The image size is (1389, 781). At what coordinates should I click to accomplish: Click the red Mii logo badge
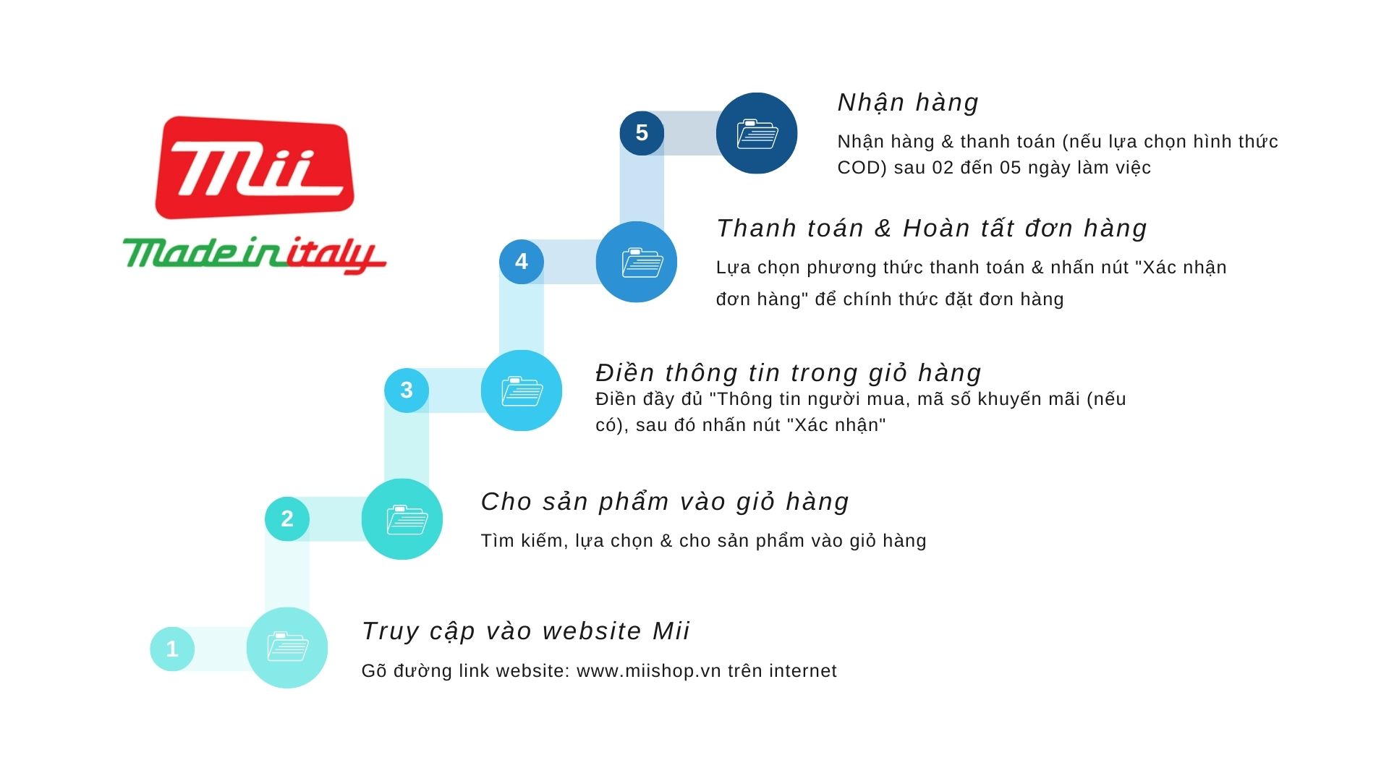pos(255,167)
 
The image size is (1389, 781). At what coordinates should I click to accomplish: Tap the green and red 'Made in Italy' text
pos(255,255)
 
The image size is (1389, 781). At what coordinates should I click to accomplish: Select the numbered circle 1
pos(172,649)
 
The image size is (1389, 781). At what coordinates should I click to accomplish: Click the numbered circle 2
pos(287,518)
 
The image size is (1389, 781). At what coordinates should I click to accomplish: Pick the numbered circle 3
pos(407,390)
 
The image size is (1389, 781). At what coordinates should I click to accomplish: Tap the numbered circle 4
pos(522,262)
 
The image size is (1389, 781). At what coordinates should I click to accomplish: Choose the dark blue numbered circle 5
pos(642,133)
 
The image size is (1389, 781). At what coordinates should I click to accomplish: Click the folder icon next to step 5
pos(757,134)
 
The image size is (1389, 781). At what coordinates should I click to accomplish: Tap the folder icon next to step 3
pos(522,391)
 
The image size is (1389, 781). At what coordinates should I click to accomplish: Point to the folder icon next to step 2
pos(407,519)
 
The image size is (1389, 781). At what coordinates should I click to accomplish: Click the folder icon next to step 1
pos(288,647)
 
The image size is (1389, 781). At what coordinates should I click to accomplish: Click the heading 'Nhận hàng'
pos(908,103)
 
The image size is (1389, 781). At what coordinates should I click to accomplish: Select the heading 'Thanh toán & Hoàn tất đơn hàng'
pos(932,229)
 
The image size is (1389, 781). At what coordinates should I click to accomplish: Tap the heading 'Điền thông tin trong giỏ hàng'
pos(789,373)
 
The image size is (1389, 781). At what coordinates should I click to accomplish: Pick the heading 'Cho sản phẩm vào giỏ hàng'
pos(665,502)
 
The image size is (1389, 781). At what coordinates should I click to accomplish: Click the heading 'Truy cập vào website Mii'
pos(526,631)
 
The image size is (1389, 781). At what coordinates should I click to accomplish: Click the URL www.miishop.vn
pos(649,671)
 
